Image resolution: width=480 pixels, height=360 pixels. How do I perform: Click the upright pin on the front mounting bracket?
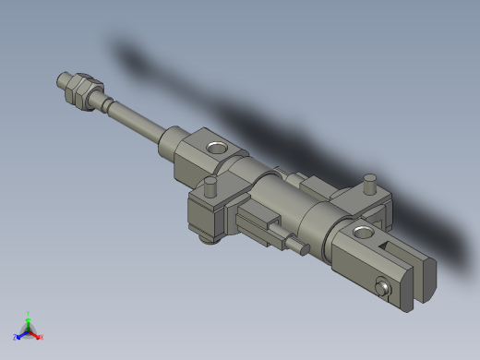tap(210, 187)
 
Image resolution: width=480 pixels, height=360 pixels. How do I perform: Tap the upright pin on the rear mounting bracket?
tap(370, 182)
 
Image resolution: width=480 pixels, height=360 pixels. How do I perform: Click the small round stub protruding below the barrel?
tap(300, 246)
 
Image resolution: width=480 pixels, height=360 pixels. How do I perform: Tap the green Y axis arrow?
tap(29, 322)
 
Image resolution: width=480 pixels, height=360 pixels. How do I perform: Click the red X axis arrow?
tap(36, 334)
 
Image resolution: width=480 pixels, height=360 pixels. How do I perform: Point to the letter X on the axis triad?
tap(42, 337)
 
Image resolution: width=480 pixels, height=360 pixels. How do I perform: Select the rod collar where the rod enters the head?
tap(173, 144)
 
